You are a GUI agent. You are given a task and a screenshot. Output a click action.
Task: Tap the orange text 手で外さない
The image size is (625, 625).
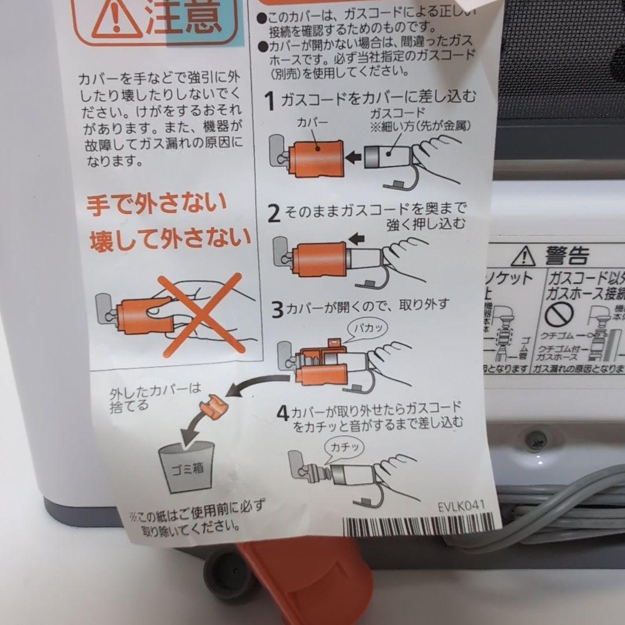[149, 204]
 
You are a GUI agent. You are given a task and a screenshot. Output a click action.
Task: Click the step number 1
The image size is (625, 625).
[270, 101]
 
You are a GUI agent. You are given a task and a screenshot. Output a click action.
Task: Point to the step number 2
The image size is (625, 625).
[275, 214]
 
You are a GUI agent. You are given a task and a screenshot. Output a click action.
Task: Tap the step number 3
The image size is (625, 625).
[278, 310]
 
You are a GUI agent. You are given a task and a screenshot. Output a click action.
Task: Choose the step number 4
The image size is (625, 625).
[282, 413]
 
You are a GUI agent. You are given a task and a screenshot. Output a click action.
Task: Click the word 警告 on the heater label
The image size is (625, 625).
[566, 255]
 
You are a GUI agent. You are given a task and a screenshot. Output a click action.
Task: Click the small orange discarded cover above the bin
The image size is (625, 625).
[211, 405]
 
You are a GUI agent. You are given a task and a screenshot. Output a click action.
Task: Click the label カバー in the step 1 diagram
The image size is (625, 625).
[312, 123]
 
